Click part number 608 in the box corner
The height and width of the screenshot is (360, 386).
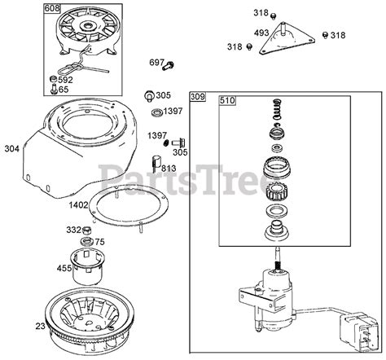[51, 8]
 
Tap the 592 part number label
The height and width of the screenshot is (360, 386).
[65, 80]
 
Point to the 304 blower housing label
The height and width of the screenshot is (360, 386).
[12, 148]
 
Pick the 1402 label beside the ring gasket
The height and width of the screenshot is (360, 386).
[78, 205]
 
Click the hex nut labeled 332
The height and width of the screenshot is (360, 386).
[86, 230]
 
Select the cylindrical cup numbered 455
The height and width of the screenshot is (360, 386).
[87, 266]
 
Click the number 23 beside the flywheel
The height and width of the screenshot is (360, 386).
[41, 326]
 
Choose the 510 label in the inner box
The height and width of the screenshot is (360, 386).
[227, 101]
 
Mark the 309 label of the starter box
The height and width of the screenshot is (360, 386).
[198, 97]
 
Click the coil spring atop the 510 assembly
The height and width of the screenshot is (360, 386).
[277, 109]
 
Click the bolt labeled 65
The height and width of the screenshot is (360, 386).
[54, 90]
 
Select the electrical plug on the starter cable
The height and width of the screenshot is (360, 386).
[358, 330]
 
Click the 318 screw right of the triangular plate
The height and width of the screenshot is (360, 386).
[325, 34]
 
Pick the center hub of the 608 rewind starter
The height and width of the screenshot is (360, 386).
[88, 26]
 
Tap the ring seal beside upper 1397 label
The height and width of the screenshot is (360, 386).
[156, 112]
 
